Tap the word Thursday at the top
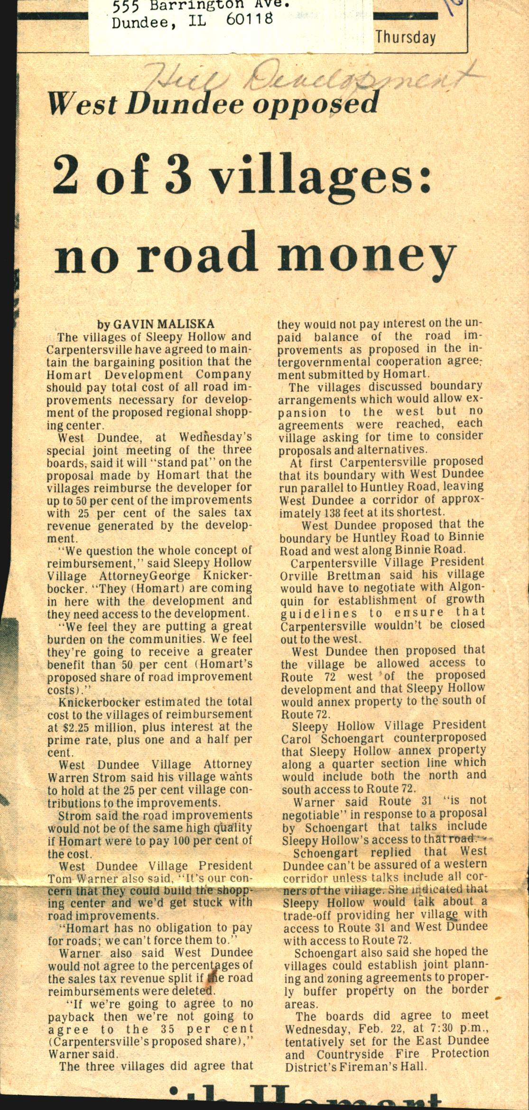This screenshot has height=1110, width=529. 406,37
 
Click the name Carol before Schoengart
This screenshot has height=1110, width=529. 296,739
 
